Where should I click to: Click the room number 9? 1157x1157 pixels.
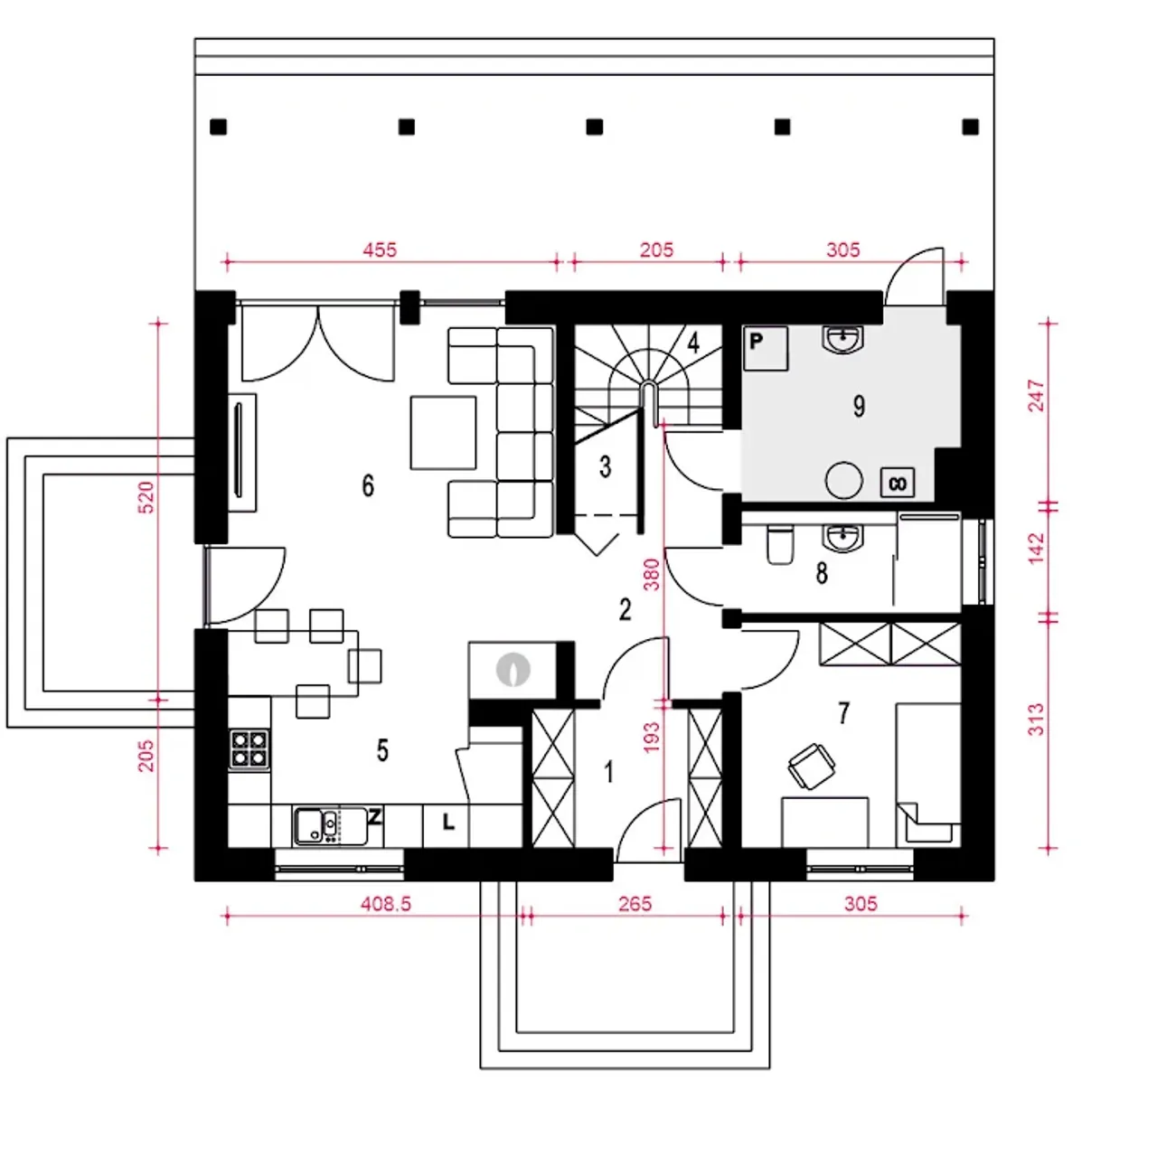tap(859, 407)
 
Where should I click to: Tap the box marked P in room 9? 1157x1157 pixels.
tap(765, 348)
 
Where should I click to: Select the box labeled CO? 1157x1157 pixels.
tap(897, 483)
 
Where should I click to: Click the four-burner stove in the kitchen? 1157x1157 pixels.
tap(249, 749)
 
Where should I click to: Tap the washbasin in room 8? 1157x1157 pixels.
tap(843, 537)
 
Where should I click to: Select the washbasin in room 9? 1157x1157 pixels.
tap(843, 339)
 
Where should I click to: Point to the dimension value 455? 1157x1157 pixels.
tap(380, 249)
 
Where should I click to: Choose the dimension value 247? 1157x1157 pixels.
tap(1036, 394)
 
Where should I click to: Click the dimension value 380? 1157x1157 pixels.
tap(651, 575)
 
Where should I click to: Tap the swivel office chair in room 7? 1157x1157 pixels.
tap(811, 766)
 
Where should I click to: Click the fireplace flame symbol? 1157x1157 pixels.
tap(513, 669)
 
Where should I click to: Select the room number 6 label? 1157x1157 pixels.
tap(368, 485)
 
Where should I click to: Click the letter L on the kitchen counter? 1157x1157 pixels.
tap(448, 822)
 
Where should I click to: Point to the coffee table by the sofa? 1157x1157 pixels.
tap(443, 432)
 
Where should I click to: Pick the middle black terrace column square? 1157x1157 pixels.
tap(594, 127)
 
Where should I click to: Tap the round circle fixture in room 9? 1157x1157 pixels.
tap(843, 480)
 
